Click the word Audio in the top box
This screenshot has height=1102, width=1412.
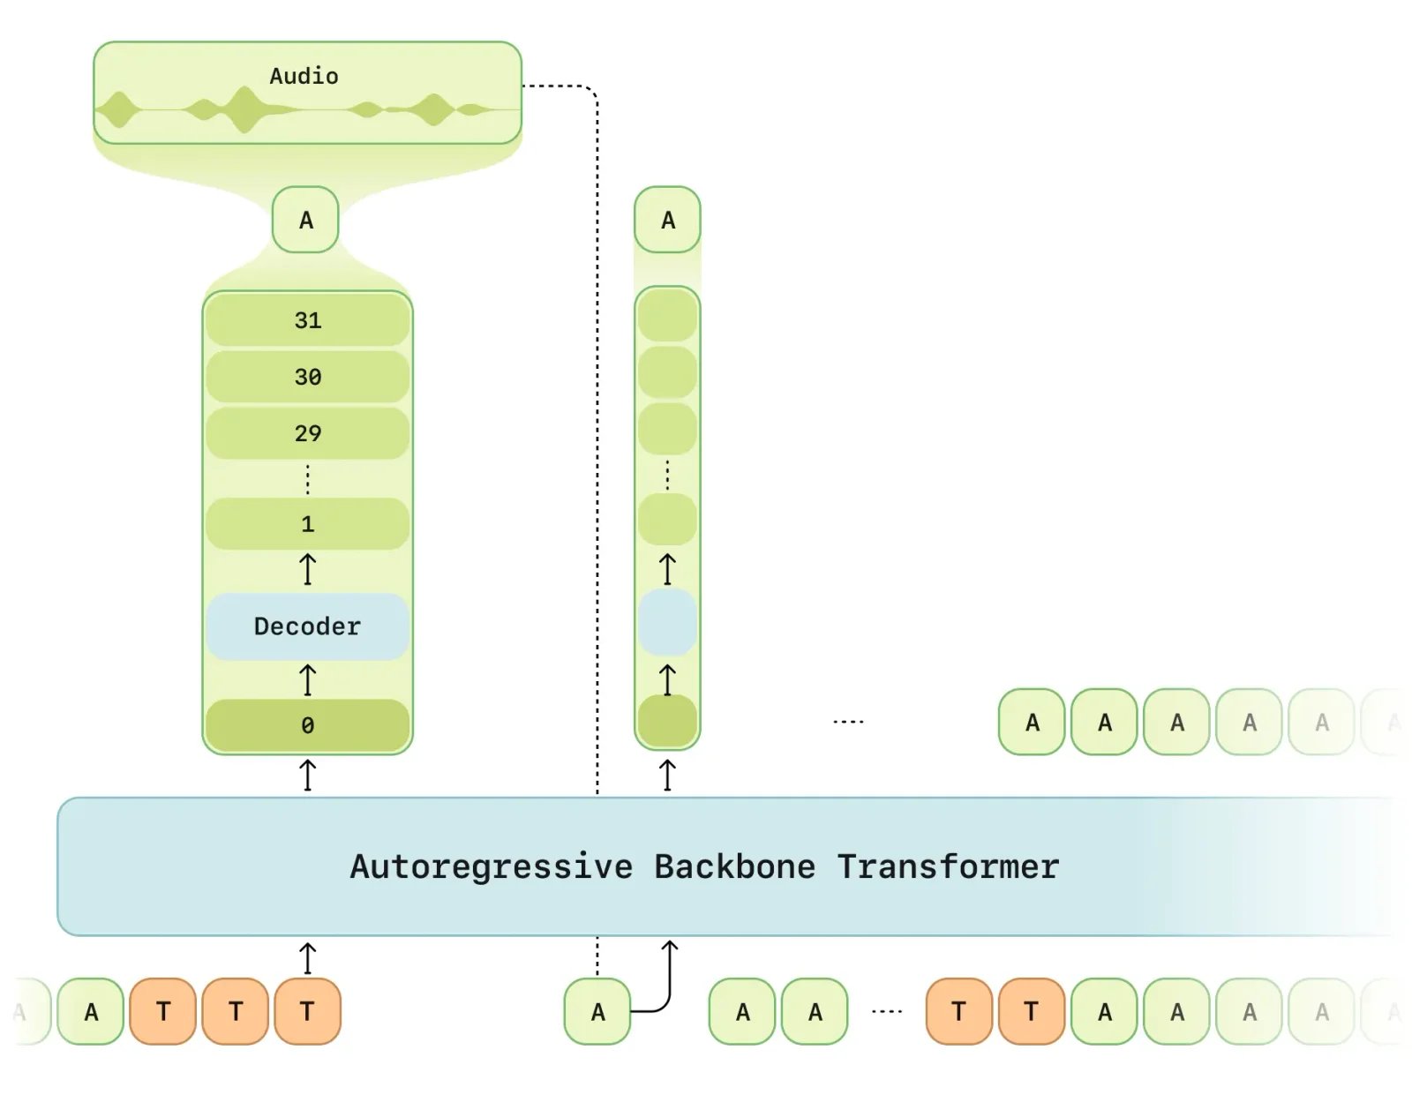click(x=304, y=76)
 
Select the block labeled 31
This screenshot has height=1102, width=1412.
click(x=307, y=320)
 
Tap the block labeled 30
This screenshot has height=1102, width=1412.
click(x=307, y=377)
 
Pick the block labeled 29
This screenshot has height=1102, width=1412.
click(x=307, y=433)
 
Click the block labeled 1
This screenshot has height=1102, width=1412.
click(x=307, y=524)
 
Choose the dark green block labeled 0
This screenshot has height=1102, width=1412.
click(x=307, y=725)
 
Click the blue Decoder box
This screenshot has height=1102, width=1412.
click(x=307, y=626)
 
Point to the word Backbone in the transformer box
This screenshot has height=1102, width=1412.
click(x=734, y=866)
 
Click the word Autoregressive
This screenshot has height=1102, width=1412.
click(x=491, y=866)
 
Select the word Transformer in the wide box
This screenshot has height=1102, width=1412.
click(x=948, y=866)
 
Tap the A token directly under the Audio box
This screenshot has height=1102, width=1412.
click(x=305, y=220)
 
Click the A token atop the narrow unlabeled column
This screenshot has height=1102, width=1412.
click(x=667, y=220)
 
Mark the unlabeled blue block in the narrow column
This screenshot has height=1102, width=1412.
click(x=667, y=623)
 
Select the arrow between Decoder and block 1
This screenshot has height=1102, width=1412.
click(x=307, y=569)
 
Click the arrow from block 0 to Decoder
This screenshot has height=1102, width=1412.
click(x=307, y=680)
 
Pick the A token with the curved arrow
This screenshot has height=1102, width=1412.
click(x=597, y=1012)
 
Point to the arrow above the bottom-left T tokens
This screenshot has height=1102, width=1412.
click(x=307, y=958)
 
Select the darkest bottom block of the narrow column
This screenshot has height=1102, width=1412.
click(x=667, y=722)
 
